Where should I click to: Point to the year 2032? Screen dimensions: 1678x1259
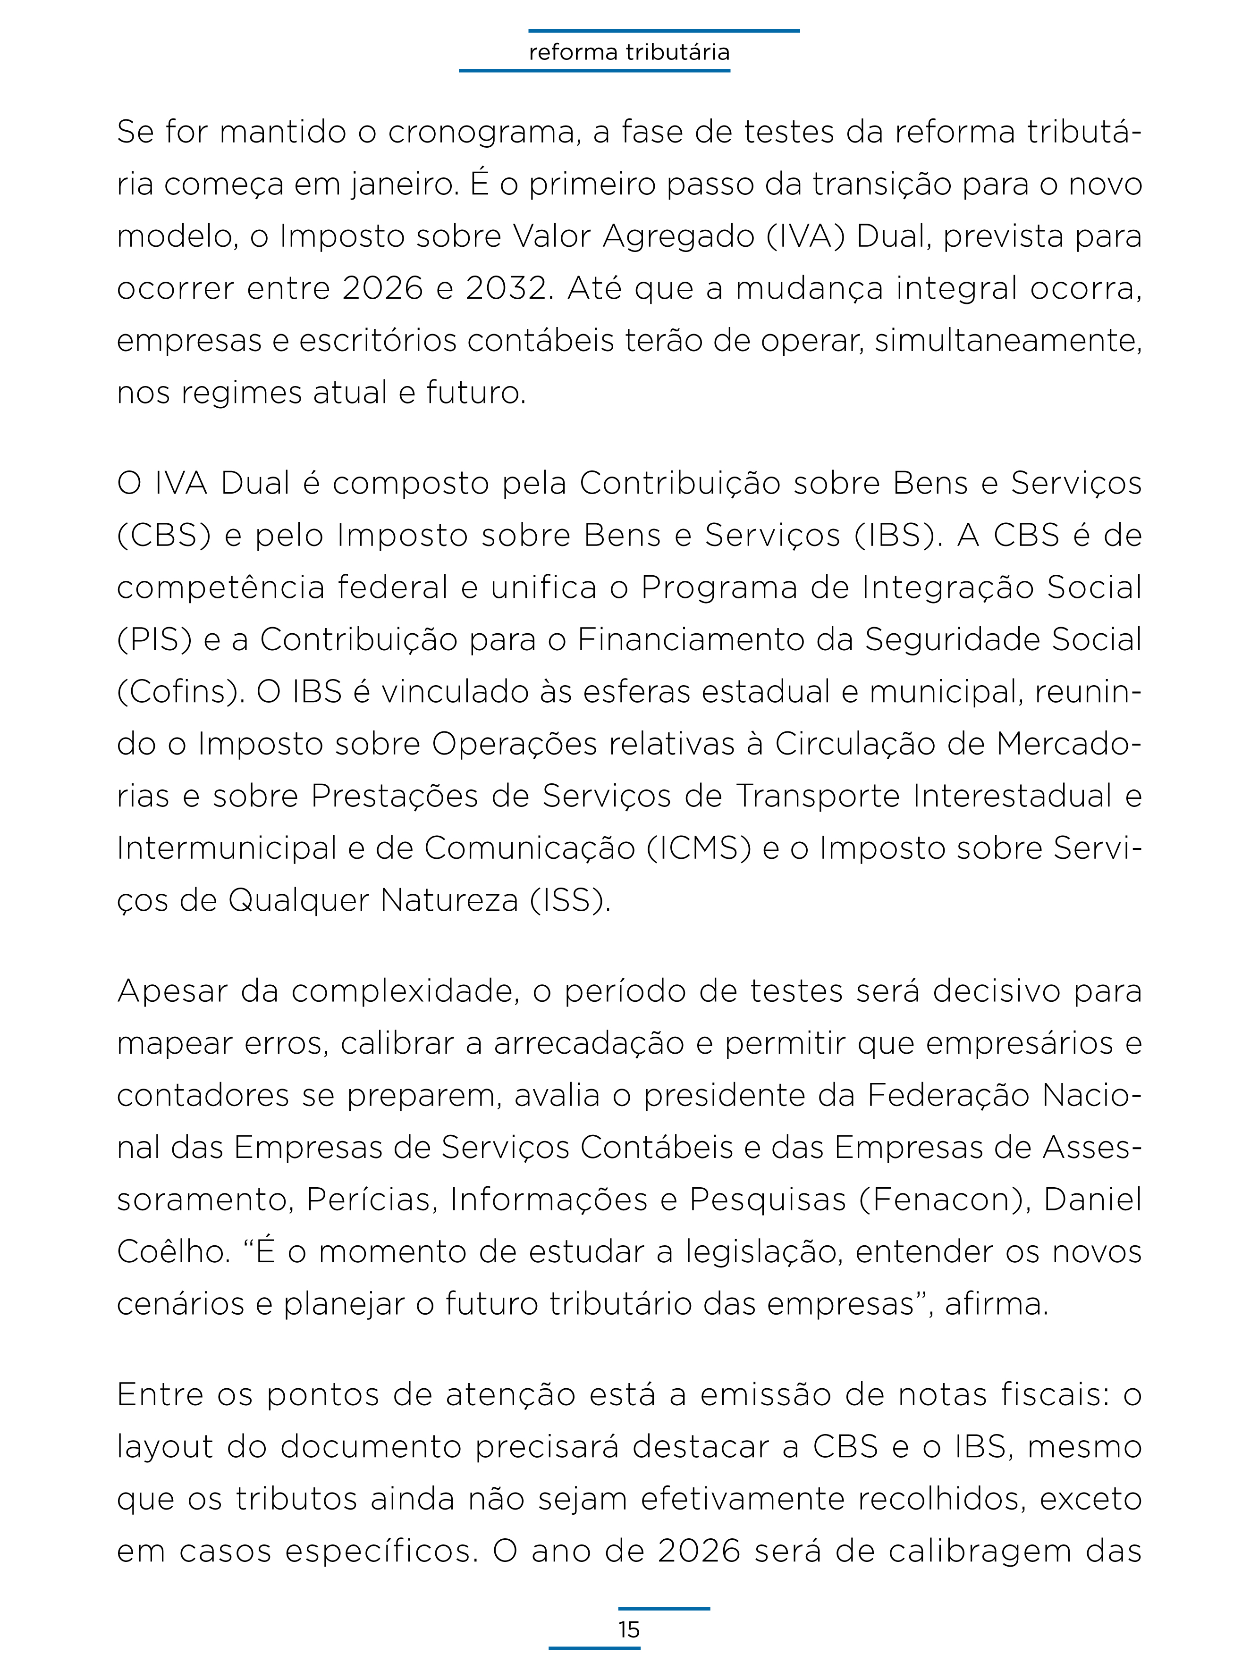pyautogui.click(x=506, y=289)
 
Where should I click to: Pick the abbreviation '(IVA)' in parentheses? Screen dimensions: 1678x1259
pyautogui.click(x=805, y=237)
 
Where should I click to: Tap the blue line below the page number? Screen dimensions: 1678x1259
pyautogui.click(x=594, y=1648)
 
